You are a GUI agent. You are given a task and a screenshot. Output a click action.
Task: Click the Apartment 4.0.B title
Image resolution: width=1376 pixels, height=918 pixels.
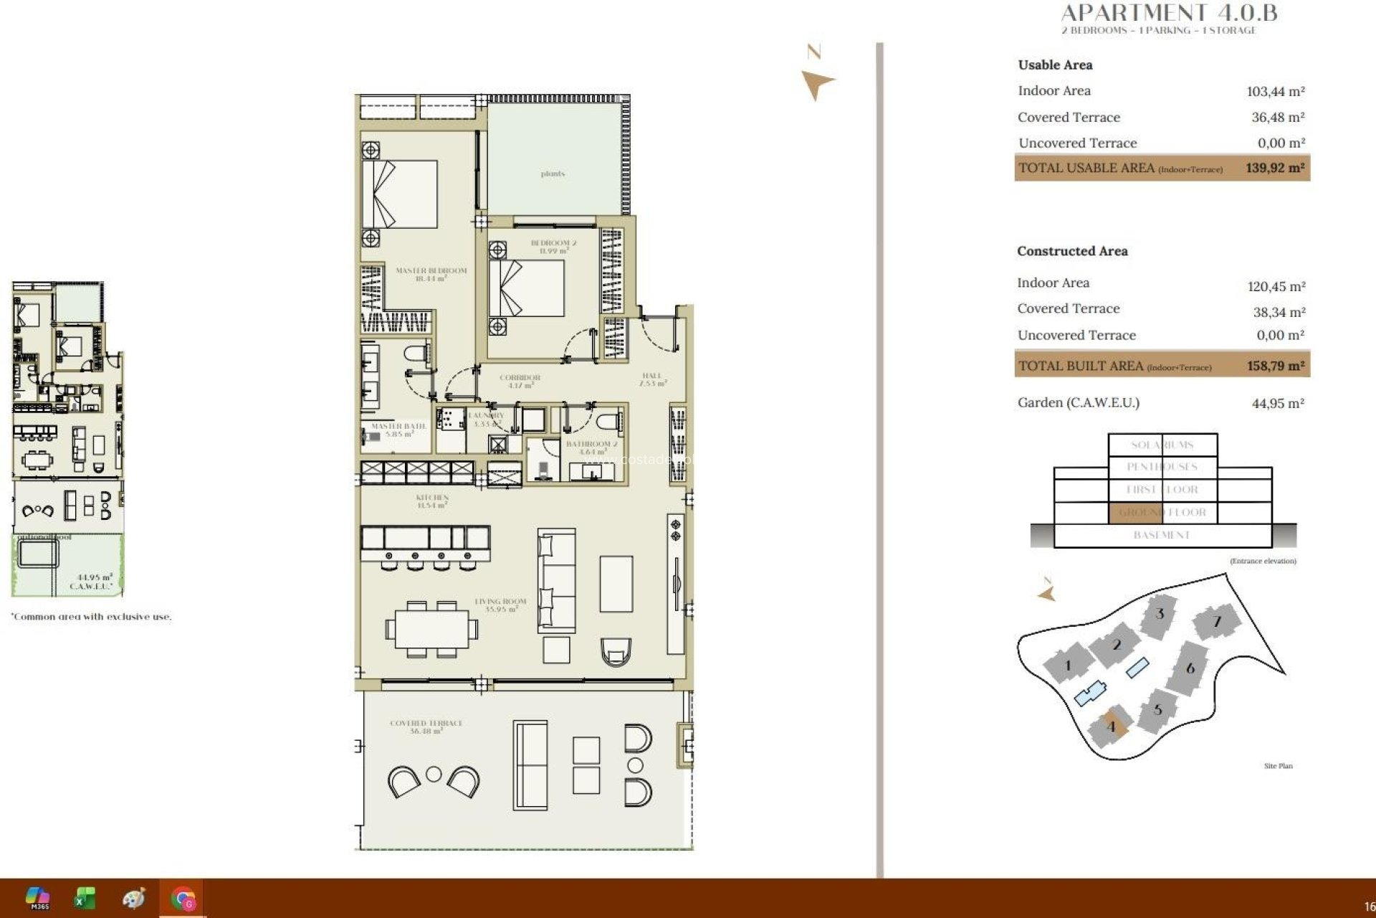point(1169,12)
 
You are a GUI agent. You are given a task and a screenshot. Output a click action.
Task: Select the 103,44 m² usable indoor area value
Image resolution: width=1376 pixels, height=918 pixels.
point(1275,92)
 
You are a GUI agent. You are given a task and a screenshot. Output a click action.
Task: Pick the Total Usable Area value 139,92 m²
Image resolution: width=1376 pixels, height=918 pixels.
point(1274,168)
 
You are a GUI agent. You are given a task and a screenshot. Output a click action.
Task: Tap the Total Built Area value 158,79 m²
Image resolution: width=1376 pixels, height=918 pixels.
point(1275,366)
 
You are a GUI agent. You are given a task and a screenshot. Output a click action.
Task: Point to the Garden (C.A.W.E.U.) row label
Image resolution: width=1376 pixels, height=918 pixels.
point(1078,402)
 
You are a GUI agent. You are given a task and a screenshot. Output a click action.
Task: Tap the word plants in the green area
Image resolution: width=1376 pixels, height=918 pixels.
point(553,174)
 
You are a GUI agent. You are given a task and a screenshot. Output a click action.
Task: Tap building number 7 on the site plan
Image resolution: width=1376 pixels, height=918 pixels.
point(1216,622)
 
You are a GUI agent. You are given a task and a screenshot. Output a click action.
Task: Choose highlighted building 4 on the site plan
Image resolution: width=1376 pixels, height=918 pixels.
point(1111,727)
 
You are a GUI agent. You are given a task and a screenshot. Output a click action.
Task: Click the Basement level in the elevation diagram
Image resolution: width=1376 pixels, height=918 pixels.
point(1162,535)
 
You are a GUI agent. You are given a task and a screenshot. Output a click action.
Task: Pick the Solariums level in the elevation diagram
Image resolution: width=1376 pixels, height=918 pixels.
point(1162,445)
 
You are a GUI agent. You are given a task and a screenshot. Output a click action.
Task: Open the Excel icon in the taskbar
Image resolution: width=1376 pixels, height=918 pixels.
point(85,898)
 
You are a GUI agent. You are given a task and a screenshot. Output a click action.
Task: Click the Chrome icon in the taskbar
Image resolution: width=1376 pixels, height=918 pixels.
point(183,898)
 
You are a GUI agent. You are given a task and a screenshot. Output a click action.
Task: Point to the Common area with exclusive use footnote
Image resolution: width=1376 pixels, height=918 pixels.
point(92,617)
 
